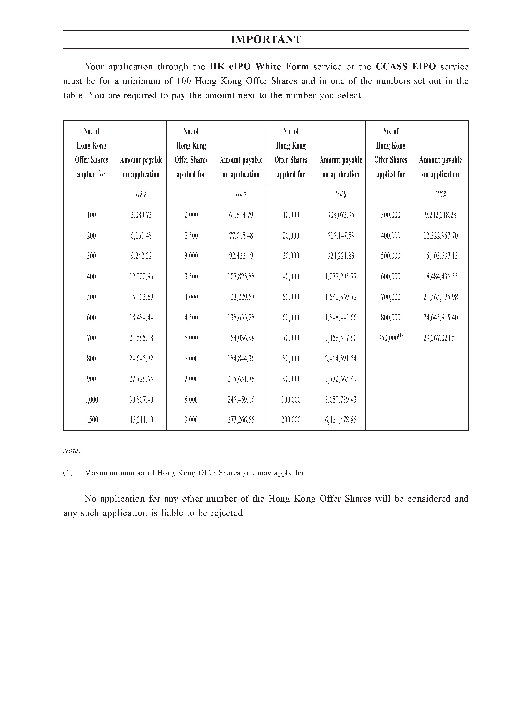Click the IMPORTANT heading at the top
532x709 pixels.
266,39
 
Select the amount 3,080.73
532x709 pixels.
141,215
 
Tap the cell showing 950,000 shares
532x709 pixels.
388,338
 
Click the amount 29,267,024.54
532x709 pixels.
440,338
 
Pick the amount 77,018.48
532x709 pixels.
241,236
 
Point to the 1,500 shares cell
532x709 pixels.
91,420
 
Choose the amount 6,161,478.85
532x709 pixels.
341,420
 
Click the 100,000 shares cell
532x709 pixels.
291,399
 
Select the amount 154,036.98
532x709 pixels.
241,338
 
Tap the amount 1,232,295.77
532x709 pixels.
341,277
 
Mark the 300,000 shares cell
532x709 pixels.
390,215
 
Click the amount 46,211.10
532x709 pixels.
141,420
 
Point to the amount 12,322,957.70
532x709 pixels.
440,236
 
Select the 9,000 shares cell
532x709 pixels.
191,420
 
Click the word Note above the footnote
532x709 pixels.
71,451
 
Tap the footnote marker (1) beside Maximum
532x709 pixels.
68,473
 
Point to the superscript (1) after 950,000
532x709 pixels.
401,336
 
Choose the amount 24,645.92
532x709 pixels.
141,358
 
